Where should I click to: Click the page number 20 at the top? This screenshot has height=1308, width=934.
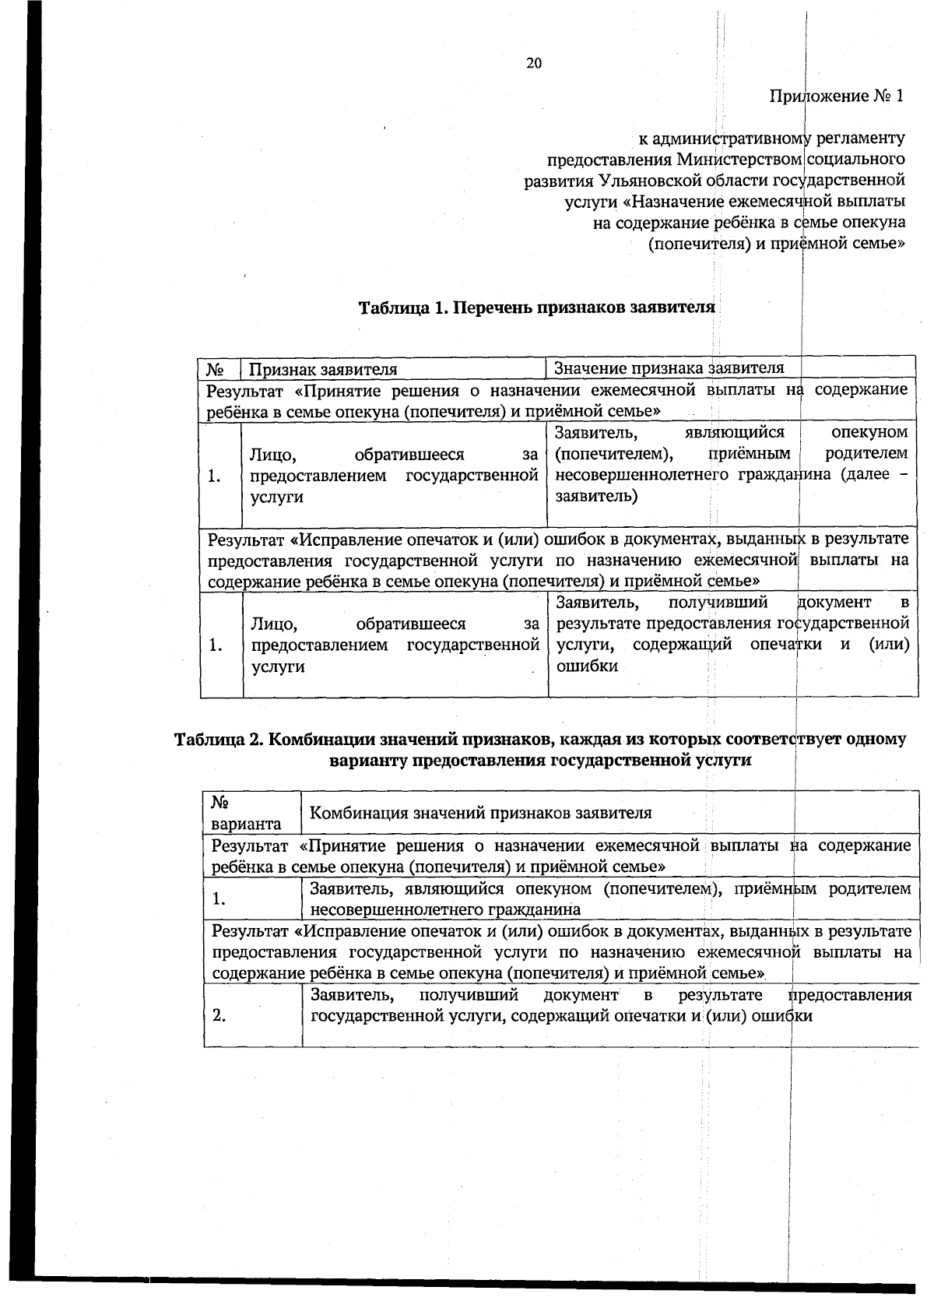click(x=534, y=64)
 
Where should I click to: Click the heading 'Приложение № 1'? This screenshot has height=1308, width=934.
click(x=837, y=97)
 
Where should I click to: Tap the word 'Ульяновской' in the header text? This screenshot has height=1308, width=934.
click(x=649, y=181)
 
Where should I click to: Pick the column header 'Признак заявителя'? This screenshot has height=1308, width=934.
click(x=323, y=368)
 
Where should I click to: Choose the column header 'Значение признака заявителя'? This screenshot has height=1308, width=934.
click(x=669, y=367)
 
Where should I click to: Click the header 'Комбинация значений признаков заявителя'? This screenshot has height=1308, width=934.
click(x=480, y=813)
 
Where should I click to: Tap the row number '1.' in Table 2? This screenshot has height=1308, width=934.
click(x=219, y=899)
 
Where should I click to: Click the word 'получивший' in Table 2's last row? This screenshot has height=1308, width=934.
click(x=469, y=995)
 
